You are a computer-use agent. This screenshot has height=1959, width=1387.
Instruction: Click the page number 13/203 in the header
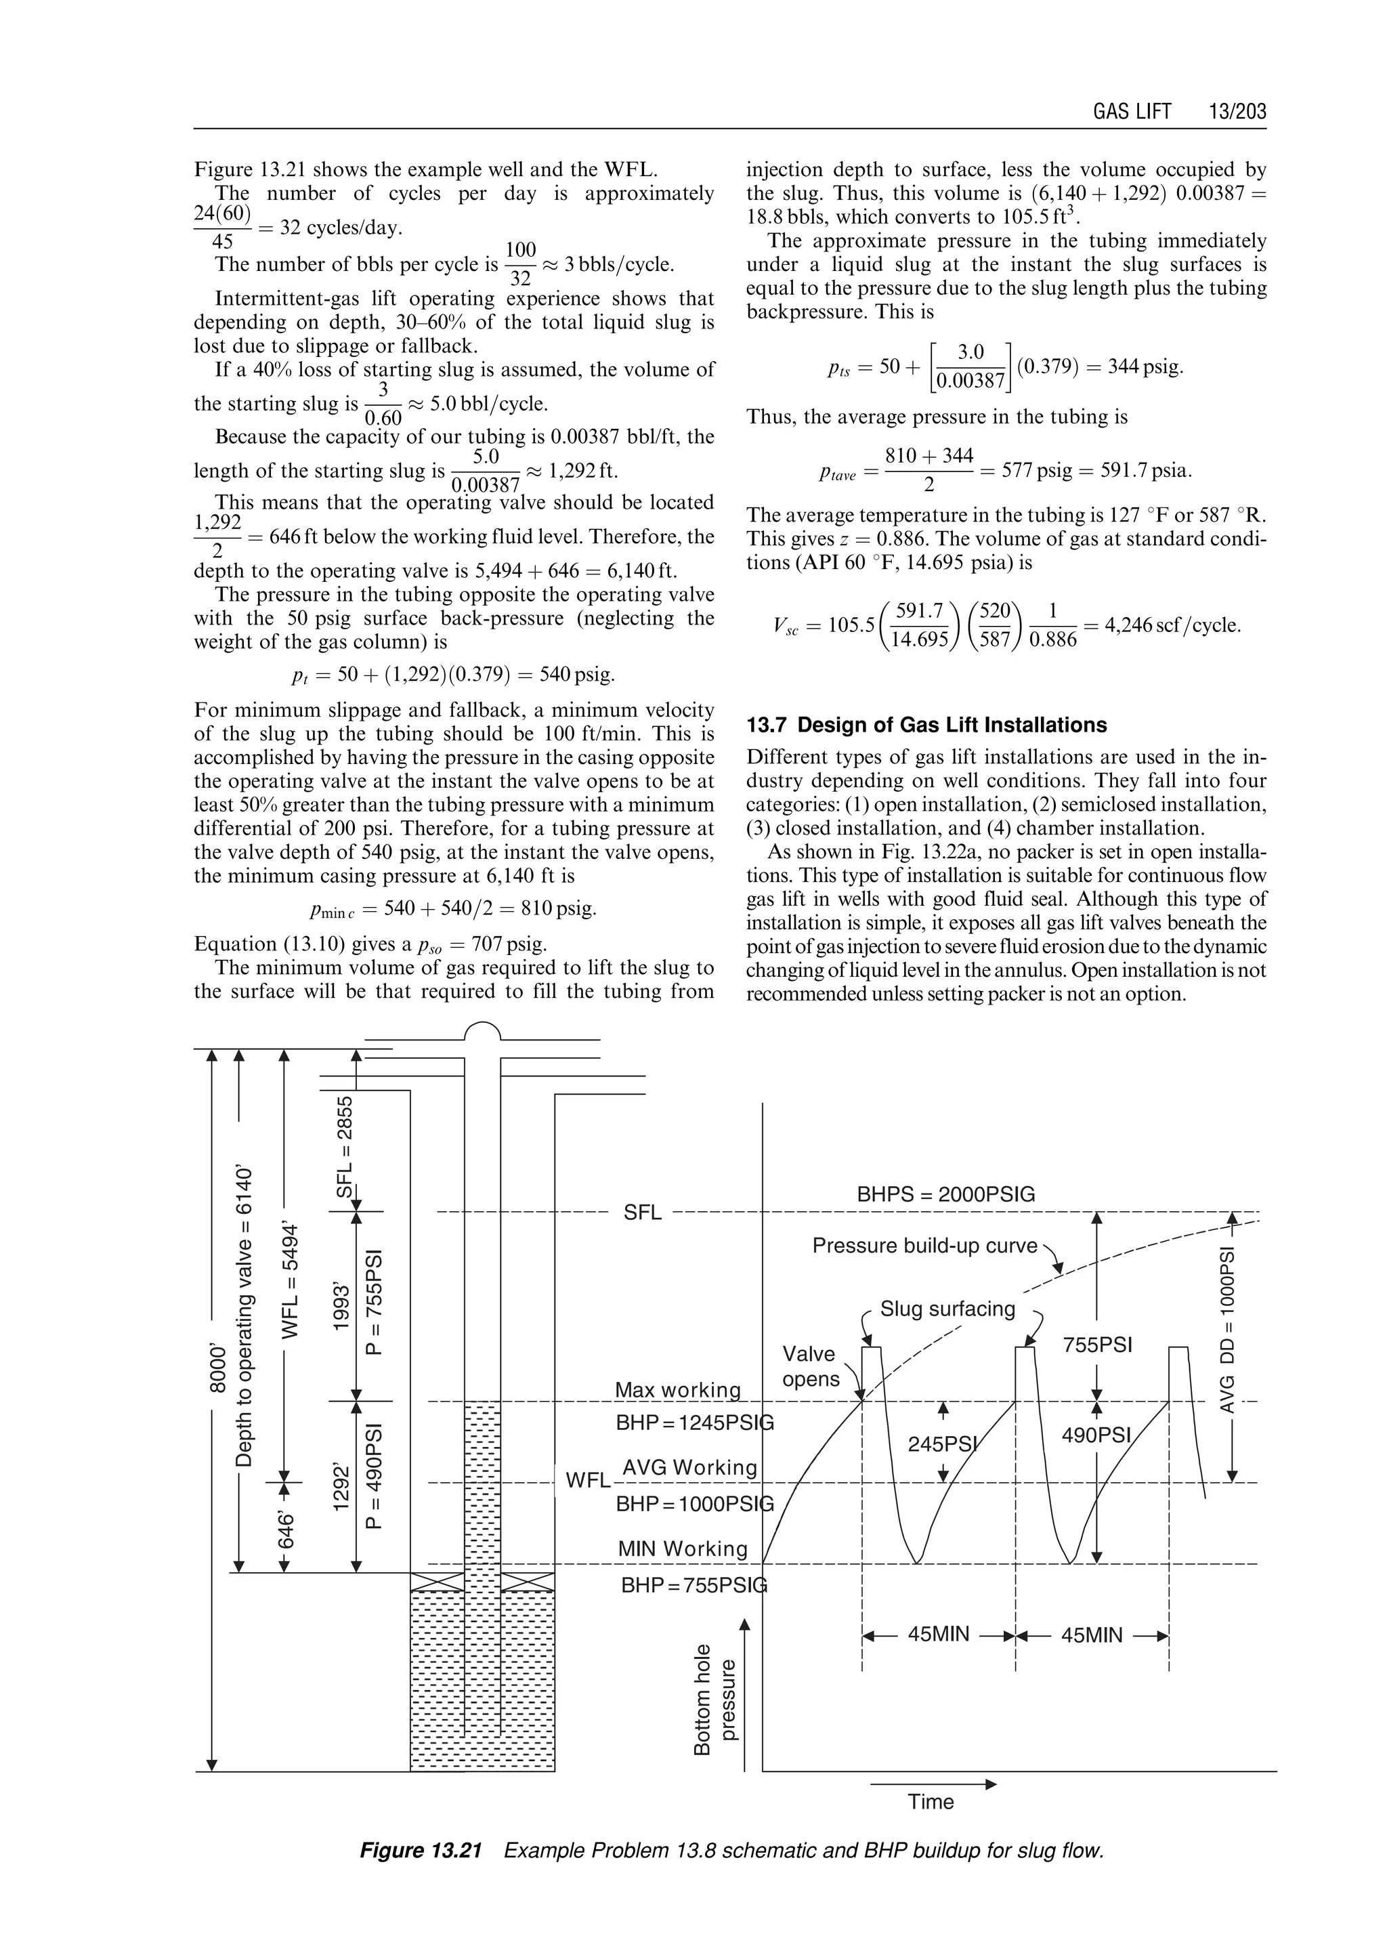coord(1237,112)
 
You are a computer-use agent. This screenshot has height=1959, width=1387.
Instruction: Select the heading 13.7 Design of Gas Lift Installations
coord(926,725)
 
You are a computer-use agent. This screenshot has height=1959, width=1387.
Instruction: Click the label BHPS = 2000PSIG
coord(945,1194)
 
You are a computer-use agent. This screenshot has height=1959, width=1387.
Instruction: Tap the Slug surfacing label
coord(947,1309)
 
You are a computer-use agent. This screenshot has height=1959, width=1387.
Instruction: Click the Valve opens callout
coord(810,1366)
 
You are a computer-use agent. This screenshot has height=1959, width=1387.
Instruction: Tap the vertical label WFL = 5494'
coord(291,1282)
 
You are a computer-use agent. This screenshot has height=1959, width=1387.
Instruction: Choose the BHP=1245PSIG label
coord(693,1423)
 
